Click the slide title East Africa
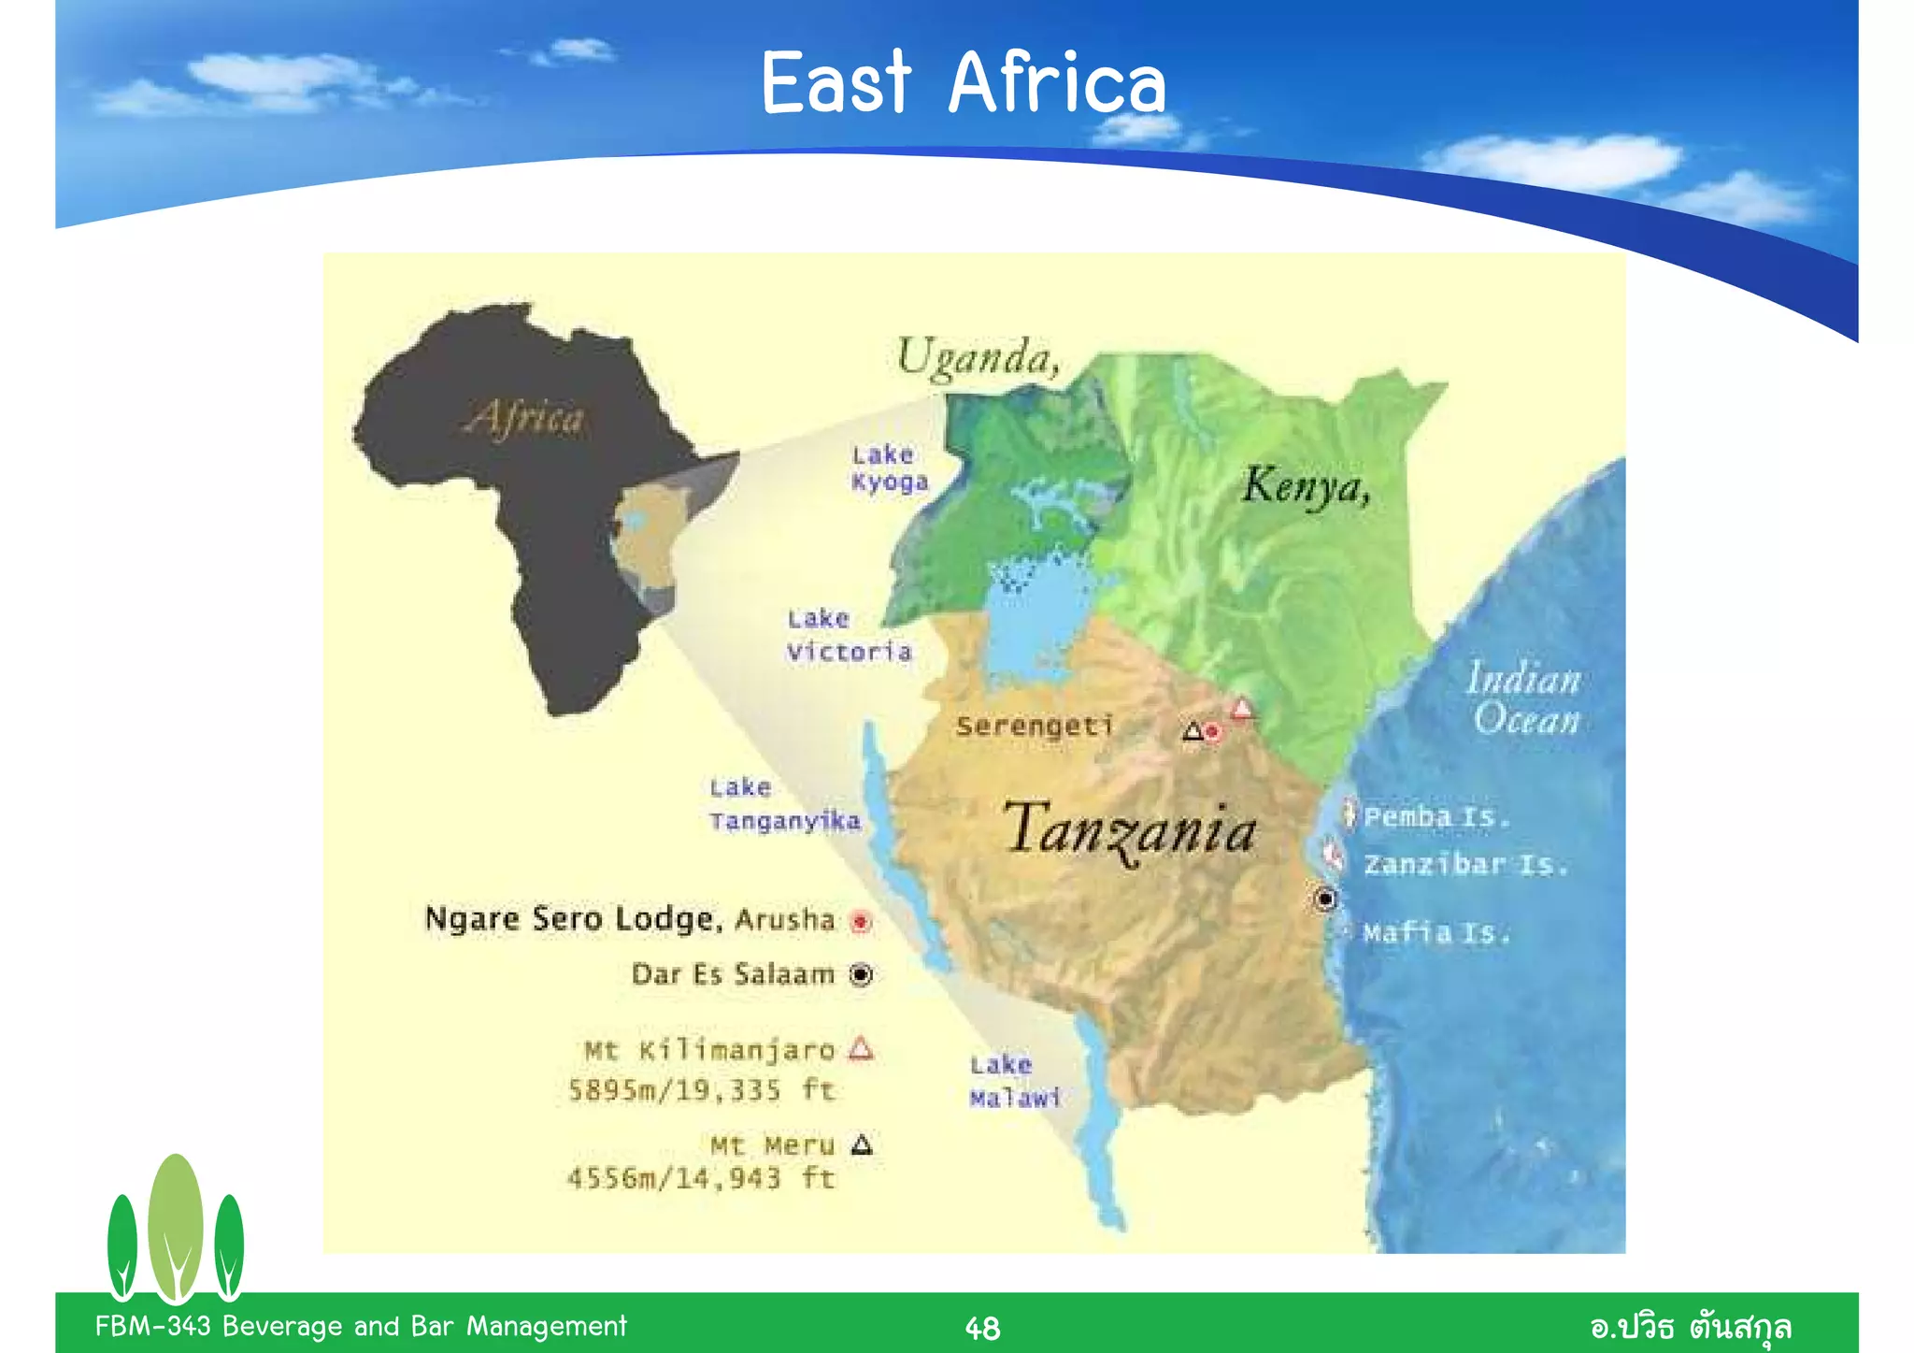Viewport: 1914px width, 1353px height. tap(964, 84)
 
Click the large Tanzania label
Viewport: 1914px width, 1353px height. tap(1130, 831)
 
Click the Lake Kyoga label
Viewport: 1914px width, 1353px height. tap(889, 468)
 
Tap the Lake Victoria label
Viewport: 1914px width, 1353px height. tap(849, 636)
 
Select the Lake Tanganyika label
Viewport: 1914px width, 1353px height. tap(784, 805)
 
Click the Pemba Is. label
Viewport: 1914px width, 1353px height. tap(1435, 817)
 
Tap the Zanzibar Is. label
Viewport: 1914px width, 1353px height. tap(1464, 864)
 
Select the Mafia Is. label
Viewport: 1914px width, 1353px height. tap(1435, 932)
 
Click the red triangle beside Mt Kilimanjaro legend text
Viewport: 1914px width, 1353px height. tap(861, 1049)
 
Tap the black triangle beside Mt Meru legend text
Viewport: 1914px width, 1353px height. tap(862, 1144)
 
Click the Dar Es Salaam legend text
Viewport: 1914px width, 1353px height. tap(733, 975)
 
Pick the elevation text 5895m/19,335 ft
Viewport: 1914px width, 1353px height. tap(701, 1090)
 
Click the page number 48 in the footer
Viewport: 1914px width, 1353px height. tap(982, 1328)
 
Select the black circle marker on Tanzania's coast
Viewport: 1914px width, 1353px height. tap(1324, 899)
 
